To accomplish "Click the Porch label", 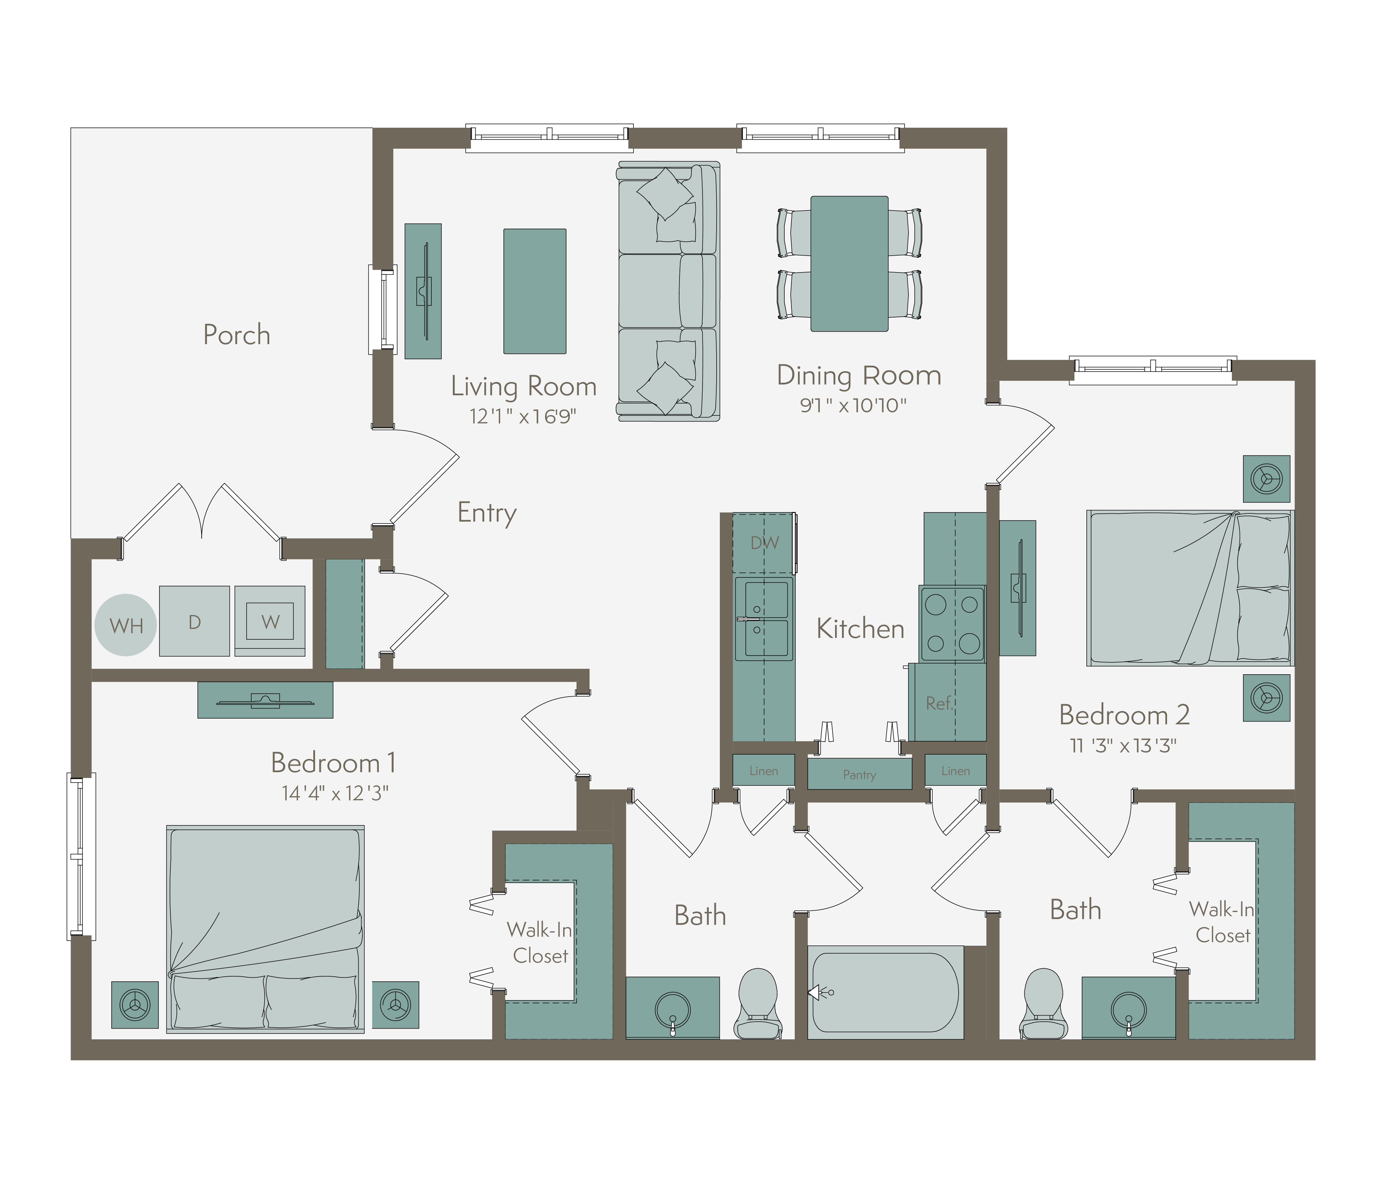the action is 237,335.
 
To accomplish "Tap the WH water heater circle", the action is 126,625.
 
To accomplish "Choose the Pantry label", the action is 860,775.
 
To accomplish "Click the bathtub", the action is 885,993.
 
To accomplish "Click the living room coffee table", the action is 534,291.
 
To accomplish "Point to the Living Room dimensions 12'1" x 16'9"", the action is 523,416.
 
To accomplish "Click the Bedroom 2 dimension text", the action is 1123,745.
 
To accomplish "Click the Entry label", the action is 487,513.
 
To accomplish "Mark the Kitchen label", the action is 860,629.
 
